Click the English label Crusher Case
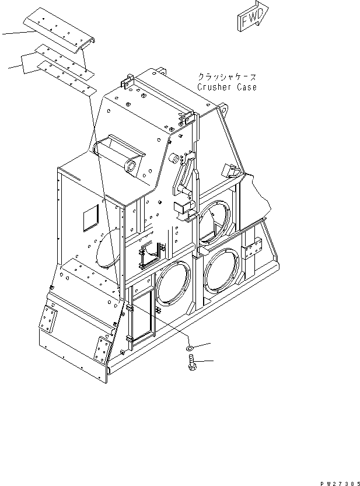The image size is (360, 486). click(x=227, y=87)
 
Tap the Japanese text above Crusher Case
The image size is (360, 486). click(x=228, y=77)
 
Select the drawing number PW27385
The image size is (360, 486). click(x=340, y=484)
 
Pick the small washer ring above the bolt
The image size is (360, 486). click(x=190, y=349)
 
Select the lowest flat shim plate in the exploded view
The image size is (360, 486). click(x=67, y=79)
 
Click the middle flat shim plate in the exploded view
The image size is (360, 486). click(x=64, y=61)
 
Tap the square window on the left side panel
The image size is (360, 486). click(x=90, y=218)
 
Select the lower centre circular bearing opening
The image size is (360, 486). click(x=173, y=282)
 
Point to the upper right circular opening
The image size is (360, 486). click(x=215, y=220)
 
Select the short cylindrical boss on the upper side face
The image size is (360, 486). click(x=173, y=159)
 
